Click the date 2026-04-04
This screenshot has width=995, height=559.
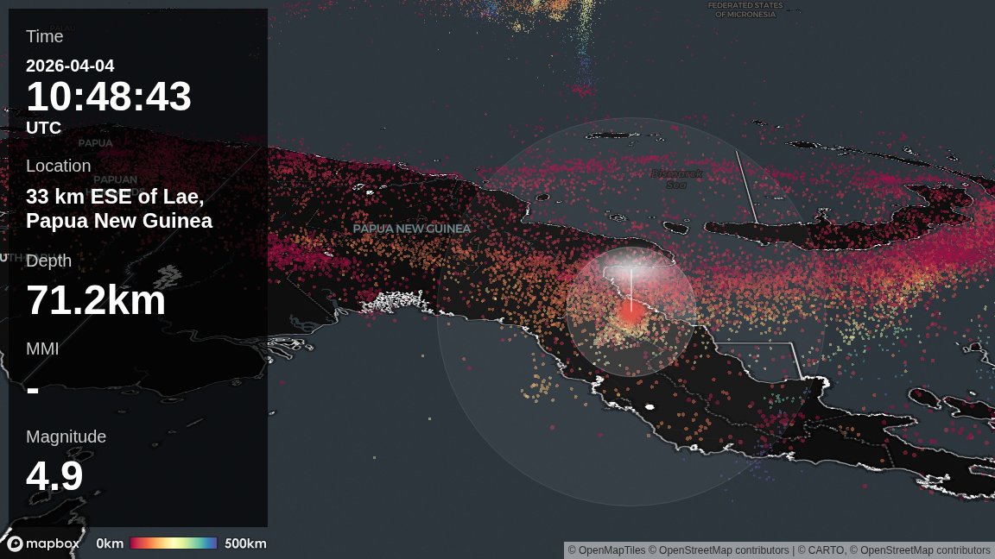pos(70,66)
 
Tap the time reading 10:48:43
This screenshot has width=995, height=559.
pos(109,97)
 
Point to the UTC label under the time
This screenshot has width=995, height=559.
pos(43,128)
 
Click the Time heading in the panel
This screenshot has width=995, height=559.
pos(44,36)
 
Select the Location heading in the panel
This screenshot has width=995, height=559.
pos(58,166)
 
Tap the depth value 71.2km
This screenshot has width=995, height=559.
pos(96,300)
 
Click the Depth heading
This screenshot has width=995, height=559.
pos(48,261)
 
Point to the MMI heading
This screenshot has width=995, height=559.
pos(42,349)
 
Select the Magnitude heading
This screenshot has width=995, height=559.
pos(66,437)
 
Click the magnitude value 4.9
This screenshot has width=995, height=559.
pos(54,476)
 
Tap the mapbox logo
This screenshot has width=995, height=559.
pos(43,543)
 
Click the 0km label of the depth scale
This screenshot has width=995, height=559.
pos(110,543)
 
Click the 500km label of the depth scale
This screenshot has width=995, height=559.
pos(245,543)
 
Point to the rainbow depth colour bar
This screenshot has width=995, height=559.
pos(174,543)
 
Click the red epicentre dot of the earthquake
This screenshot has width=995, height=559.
pos(631,312)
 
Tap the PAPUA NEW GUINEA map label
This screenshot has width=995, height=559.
pos(412,229)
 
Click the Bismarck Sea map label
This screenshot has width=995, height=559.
pos(676,179)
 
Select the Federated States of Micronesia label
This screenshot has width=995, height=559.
pos(745,9)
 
